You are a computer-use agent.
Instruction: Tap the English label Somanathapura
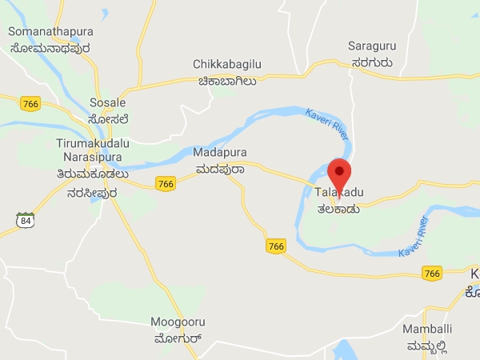(50, 31)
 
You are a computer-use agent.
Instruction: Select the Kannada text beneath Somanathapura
(50, 48)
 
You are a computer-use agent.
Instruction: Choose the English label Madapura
(220, 152)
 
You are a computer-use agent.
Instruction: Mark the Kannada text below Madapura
(220, 169)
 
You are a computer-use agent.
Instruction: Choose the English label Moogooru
(178, 322)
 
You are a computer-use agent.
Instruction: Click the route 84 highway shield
(25, 219)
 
